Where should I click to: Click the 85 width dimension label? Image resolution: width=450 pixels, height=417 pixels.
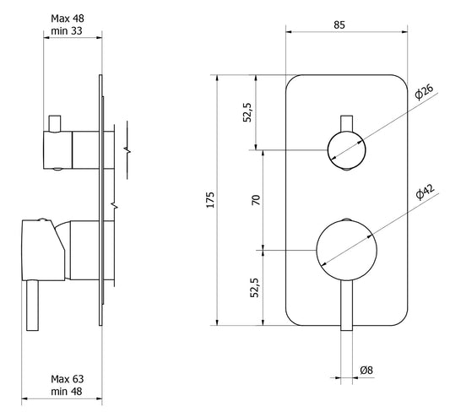click(x=339, y=25)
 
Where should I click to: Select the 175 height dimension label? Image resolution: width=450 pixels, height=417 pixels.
click(x=211, y=200)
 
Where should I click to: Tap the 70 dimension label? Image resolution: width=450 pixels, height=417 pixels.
click(x=256, y=200)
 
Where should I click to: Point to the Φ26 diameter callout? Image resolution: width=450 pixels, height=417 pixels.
click(x=424, y=92)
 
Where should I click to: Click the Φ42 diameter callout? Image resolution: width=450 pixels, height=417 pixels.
click(x=425, y=192)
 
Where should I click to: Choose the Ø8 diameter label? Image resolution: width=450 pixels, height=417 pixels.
click(x=366, y=371)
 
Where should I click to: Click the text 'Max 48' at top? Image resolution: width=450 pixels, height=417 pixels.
click(x=68, y=19)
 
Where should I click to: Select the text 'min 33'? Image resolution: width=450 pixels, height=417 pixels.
click(x=67, y=30)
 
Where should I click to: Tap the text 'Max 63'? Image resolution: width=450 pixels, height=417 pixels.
click(x=68, y=379)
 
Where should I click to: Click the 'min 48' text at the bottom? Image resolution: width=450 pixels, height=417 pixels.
click(x=67, y=391)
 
